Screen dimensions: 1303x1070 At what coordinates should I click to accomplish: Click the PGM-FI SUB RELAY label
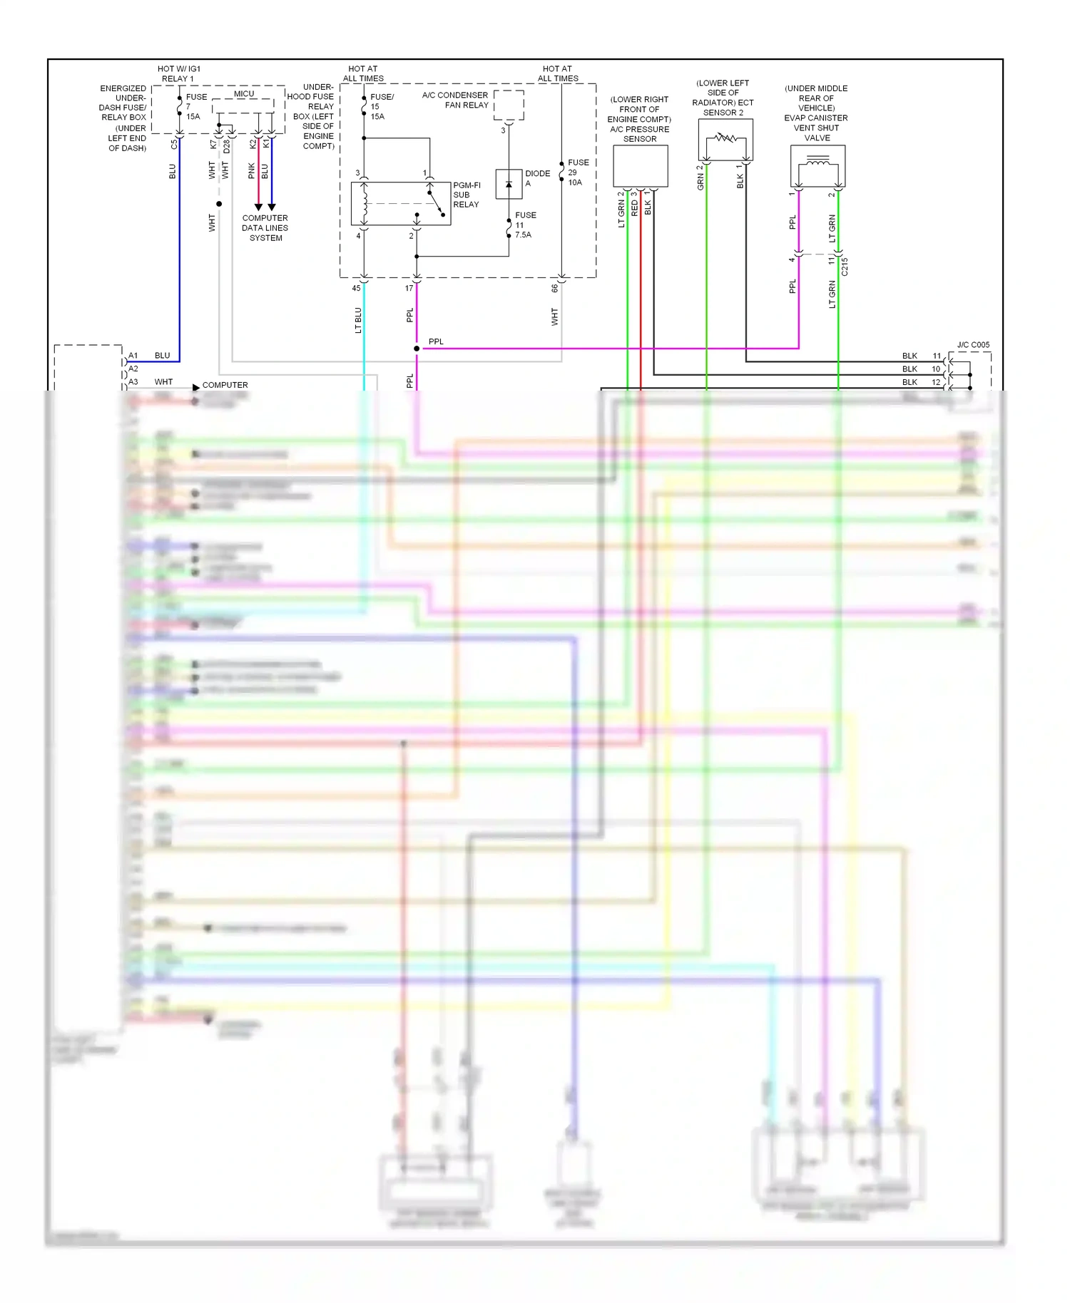point(467,195)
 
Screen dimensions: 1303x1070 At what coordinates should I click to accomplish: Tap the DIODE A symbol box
point(509,184)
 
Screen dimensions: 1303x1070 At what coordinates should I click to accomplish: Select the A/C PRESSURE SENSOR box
point(641,166)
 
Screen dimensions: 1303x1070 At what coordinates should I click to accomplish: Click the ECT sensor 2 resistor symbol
point(726,137)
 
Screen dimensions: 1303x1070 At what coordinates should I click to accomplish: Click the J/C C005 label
point(973,345)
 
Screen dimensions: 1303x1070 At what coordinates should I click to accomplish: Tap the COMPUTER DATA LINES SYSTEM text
point(265,228)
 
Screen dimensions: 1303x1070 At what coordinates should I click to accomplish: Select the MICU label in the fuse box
point(244,93)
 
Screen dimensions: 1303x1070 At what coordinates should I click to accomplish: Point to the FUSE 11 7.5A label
point(525,225)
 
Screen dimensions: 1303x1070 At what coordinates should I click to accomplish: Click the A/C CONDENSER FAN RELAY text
point(455,100)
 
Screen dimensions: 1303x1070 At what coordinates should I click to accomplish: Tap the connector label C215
point(845,267)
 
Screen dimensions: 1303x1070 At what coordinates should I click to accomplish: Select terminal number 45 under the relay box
point(356,289)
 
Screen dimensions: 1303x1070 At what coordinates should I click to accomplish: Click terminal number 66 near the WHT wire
point(554,289)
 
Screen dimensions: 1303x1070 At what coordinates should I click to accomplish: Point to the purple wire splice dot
point(417,349)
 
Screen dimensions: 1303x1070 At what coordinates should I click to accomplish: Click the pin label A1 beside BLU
point(133,356)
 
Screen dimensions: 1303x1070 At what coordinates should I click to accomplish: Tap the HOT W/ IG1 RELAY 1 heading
point(178,73)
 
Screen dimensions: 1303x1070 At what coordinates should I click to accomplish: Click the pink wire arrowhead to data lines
point(258,207)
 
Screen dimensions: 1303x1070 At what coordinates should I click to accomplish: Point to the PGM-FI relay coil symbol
point(365,203)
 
